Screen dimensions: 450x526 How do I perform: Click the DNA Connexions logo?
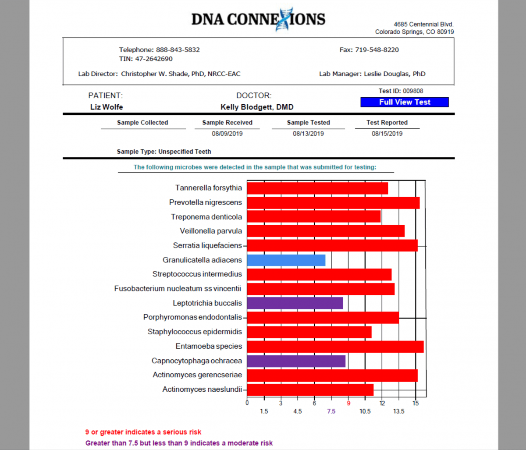pos(258,19)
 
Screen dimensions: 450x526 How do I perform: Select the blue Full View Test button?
pos(405,102)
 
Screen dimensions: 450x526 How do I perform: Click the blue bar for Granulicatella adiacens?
pos(286,260)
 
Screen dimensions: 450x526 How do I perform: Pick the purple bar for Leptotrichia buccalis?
pos(295,303)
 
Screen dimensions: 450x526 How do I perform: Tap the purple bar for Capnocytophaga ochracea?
pos(296,361)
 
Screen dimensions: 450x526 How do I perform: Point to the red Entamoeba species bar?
pos(335,347)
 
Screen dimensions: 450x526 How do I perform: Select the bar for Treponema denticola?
pos(313,217)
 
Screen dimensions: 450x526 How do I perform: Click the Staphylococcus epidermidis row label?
pos(195,332)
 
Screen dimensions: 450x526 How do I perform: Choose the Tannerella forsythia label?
pos(208,188)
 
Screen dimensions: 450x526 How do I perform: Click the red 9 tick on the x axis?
pos(348,403)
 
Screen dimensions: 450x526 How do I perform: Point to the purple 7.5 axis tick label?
pos(331,411)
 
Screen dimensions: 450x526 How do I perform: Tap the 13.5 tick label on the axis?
pos(399,411)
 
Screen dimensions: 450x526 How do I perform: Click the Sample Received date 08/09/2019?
pos(227,134)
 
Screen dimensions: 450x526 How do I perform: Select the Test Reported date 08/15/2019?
pos(387,134)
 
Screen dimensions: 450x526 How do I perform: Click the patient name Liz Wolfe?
pos(107,107)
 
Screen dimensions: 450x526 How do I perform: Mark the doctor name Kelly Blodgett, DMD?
pos(257,107)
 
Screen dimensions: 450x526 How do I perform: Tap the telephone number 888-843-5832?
pos(178,50)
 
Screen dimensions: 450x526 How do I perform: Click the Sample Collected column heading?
pos(142,123)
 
